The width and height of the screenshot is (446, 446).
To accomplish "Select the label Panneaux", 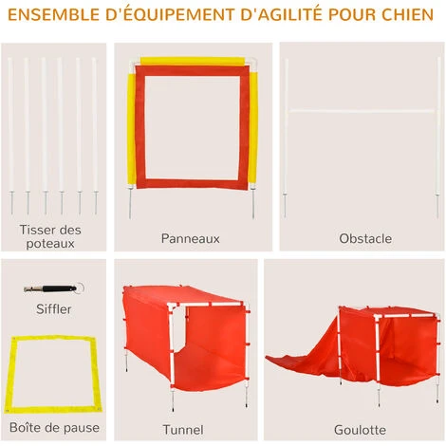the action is pos(190,238).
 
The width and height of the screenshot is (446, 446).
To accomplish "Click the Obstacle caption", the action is pos(365,238).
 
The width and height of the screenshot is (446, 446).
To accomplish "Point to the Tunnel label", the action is pos(183,430).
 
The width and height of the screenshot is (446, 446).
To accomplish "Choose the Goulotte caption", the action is pos(360,430).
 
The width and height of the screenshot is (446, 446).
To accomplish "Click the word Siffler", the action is pos(54,309).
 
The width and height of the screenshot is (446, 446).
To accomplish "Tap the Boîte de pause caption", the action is pos(54,427).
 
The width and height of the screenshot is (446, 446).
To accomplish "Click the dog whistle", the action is pos(54,288).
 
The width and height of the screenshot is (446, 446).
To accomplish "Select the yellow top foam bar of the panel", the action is pos(193,61).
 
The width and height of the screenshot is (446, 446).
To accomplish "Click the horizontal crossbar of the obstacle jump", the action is pos(362,111).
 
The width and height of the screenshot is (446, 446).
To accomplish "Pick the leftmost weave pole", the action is pos(10,136).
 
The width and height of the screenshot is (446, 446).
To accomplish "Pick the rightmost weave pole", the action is pos(95,136).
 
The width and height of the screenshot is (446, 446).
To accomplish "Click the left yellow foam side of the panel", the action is pos(131,129).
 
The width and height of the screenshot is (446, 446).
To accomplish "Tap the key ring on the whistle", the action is pos(80,288).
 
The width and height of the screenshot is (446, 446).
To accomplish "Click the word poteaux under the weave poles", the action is pos(50,244).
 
